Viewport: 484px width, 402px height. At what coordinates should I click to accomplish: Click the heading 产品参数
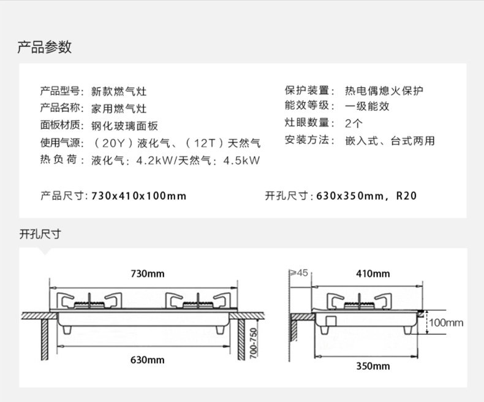44,47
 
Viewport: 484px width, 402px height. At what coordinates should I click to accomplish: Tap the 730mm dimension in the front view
147,273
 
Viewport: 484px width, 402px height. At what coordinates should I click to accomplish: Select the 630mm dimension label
147,360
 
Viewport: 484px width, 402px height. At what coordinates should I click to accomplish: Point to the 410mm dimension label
372,273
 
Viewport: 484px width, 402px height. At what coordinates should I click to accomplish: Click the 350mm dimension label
372,366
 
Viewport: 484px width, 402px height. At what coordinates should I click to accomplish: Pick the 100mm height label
445,322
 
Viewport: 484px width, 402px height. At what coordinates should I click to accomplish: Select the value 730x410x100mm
138,196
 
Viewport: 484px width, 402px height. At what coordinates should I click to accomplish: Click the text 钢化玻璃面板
124,126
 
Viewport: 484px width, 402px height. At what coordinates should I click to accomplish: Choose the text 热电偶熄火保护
384,91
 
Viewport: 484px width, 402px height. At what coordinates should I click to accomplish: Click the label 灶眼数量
306,123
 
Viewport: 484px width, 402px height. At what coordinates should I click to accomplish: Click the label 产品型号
60,92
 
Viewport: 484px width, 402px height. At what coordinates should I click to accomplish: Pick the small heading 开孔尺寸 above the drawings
39,233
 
